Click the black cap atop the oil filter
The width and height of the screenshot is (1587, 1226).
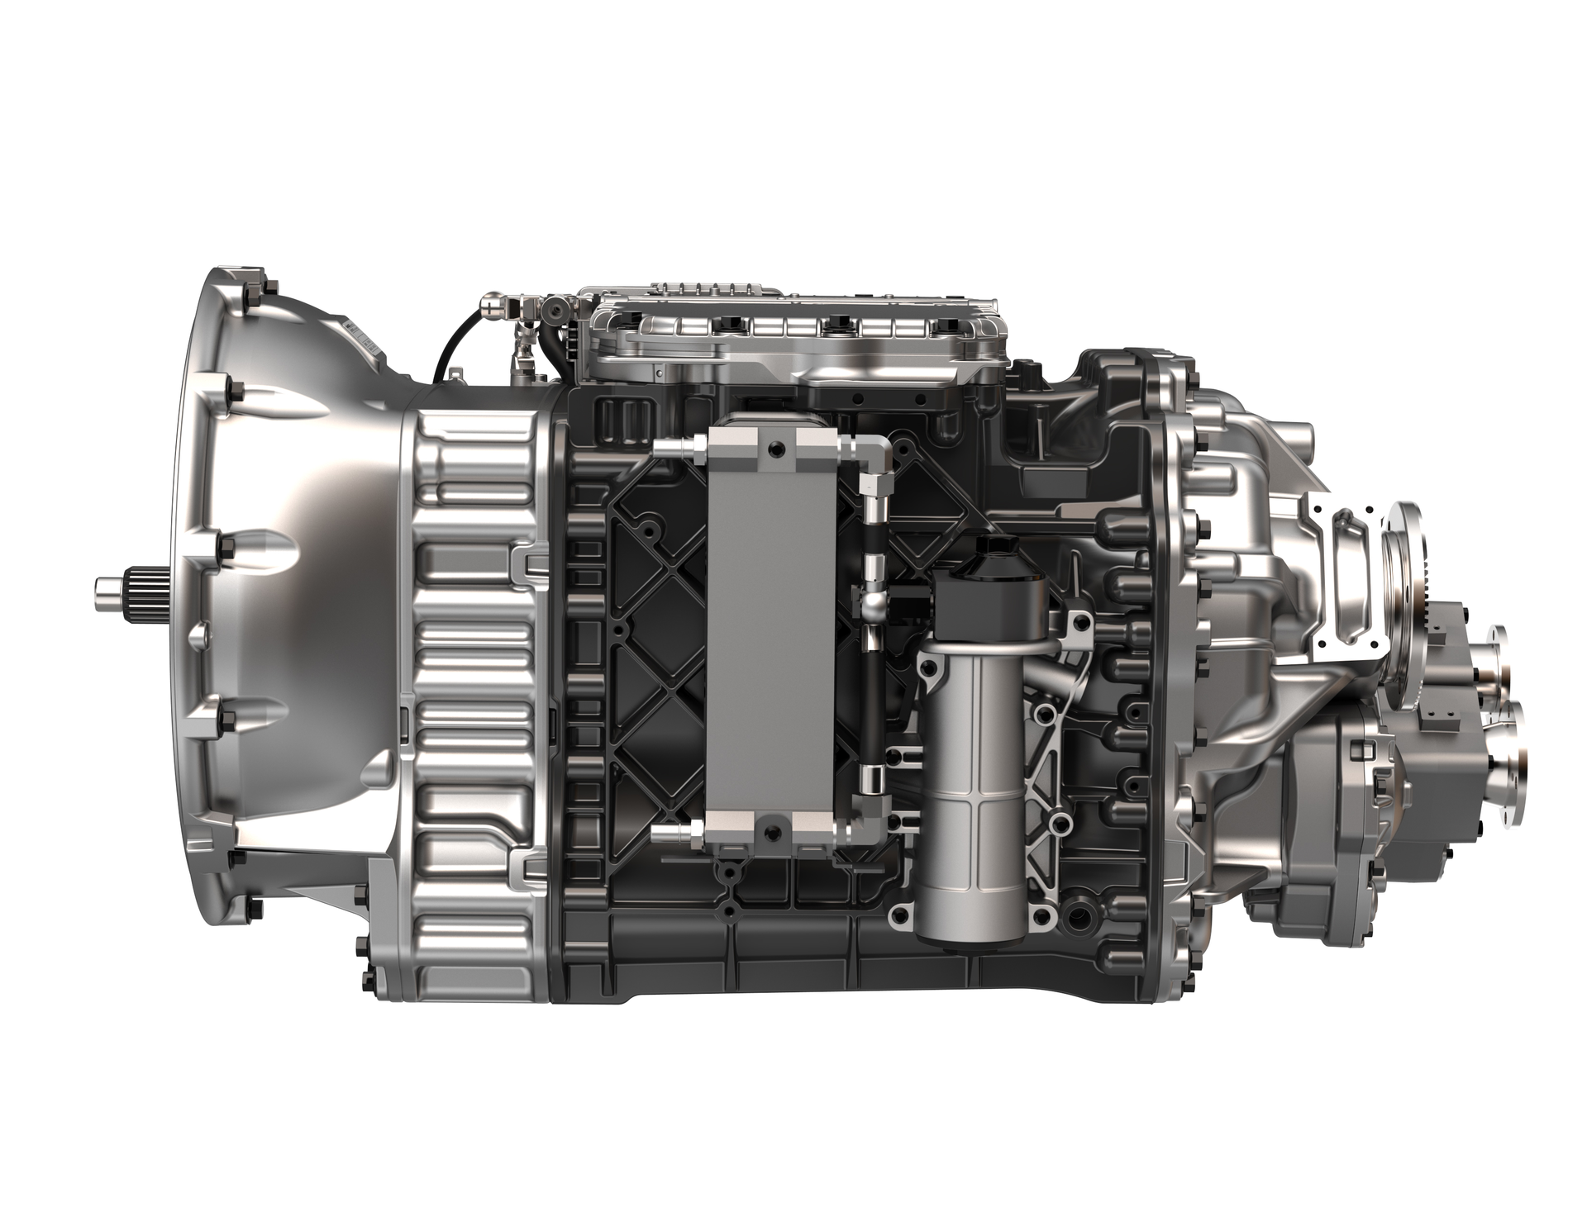(979, 579)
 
